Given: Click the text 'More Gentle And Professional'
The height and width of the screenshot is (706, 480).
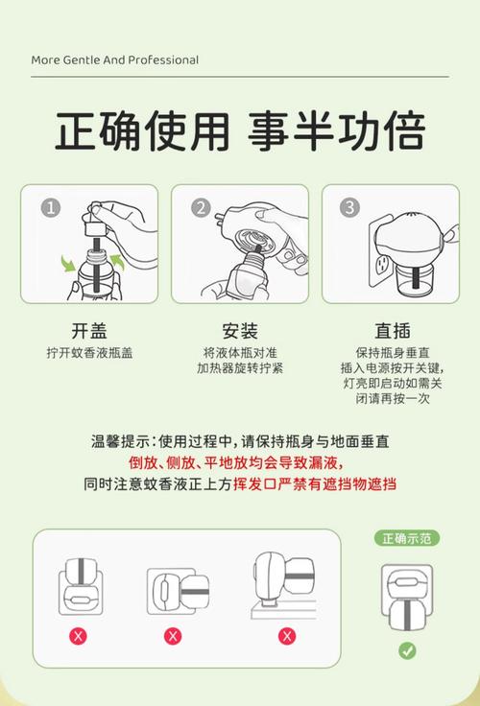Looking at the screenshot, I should (x=114, y=59).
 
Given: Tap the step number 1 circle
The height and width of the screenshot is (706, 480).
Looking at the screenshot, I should (x=51, y=208).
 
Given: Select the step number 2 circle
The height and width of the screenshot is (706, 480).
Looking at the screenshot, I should (x=201, y=208).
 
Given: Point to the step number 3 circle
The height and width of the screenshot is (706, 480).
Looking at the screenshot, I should (x=350, y=208).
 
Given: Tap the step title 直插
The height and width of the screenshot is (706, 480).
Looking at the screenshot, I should (x=391, y=331).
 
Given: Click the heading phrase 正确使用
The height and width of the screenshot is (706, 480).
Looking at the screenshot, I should (x=141, y=131).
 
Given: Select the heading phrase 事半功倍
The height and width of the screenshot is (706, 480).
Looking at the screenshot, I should (x=338, y=131).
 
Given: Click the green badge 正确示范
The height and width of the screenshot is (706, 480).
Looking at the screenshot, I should (x=407, y=538).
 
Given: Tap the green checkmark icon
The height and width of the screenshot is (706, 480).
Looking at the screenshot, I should (x=408, y=650).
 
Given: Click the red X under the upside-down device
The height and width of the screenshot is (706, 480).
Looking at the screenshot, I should (x=76, y=635).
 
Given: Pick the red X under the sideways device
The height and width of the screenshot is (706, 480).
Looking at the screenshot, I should (x=173, y=635).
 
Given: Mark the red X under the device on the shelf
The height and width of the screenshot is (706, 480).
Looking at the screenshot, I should (x=286, y=635).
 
